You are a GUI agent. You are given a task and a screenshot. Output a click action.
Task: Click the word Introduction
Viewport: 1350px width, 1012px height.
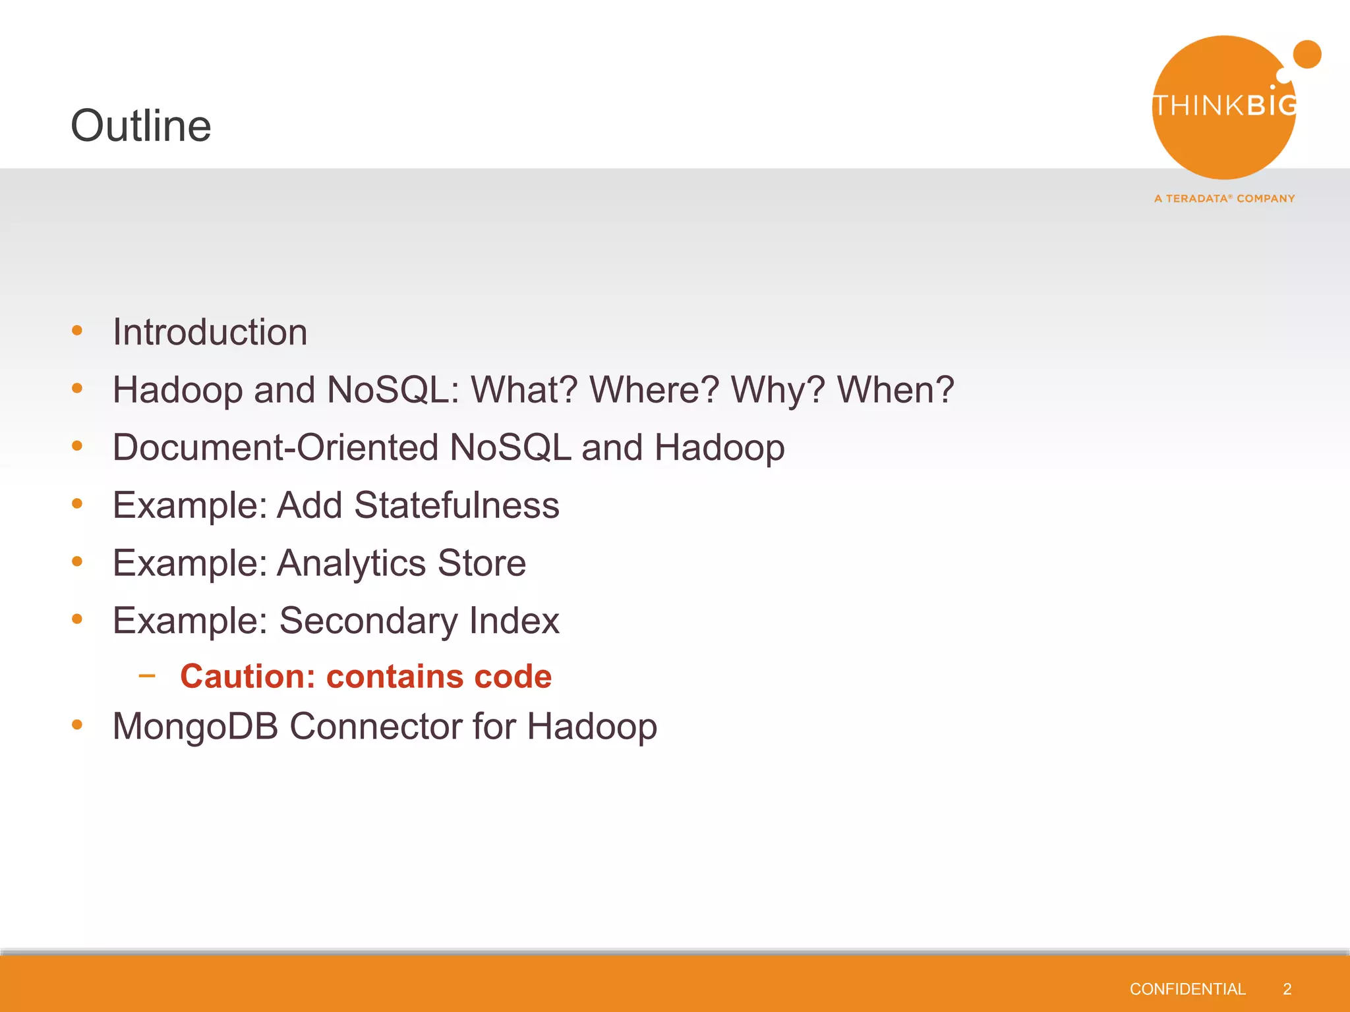[210, 332]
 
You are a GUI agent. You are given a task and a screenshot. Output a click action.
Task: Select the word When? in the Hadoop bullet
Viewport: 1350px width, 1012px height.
[895, 390]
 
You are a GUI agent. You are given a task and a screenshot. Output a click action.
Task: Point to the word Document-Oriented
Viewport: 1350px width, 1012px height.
[275, 447]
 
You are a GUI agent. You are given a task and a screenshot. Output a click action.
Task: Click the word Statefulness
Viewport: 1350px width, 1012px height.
[456, 505]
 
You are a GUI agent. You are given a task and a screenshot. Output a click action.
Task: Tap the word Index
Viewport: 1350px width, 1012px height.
[514, 621]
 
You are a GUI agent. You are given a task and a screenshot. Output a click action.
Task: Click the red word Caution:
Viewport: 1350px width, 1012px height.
[247, 677]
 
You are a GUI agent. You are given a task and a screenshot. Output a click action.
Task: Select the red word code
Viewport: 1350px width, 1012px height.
[512, 677]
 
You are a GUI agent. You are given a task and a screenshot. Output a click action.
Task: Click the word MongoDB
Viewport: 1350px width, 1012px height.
[195, 726]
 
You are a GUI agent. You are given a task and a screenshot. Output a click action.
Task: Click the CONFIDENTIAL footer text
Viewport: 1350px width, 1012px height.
[1187, 989]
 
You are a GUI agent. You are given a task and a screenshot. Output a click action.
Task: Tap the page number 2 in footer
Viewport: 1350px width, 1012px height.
[1287, 989]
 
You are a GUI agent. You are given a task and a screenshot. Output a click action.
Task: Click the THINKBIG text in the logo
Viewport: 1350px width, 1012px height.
[1224, 105]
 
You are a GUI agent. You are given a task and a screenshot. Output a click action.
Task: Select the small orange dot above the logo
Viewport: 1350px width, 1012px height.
[1306, 54]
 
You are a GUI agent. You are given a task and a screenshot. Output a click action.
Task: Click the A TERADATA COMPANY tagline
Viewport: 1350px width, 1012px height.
[1224, 198]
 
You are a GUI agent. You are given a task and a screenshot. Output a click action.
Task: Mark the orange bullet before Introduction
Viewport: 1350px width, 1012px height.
[77, 331]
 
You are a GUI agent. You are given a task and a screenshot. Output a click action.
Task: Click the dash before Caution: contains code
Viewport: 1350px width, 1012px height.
[147, 675]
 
